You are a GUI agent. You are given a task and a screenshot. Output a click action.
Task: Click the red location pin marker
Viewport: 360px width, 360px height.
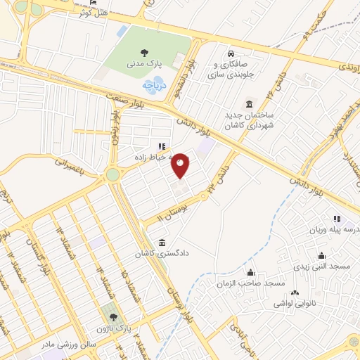tap(181, 165)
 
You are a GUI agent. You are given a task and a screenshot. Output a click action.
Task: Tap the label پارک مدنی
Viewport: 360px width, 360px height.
tap(144, 63)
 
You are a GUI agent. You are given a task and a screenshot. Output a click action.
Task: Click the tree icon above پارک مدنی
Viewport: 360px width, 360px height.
tap(144, 51)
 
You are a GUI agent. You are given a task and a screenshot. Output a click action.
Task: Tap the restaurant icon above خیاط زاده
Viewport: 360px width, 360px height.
tap(162, 147)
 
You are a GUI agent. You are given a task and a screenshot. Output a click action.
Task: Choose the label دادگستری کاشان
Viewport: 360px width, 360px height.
tap(190, 250)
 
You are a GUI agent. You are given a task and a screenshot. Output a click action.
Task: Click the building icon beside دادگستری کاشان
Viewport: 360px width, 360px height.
tap(162, 243)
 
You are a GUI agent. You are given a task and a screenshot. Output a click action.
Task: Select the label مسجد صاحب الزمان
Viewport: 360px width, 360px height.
tap(250, 283)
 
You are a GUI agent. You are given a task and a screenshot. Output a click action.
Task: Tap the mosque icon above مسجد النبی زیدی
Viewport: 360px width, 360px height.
tap(322, 255)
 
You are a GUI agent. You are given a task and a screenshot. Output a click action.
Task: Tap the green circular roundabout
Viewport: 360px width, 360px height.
tap(112, 174)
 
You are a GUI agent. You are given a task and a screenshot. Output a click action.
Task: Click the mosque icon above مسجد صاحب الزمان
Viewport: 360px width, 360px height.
tap(250, 272)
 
